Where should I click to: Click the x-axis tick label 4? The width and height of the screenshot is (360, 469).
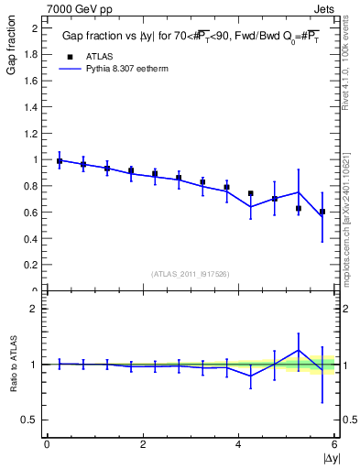pyautogui.click(x=239, y=444)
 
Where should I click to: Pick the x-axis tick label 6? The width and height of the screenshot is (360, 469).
pyautogui.click(x=335, y=444)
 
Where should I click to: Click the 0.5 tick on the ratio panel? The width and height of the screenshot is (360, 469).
pyautogui.click(x=32, y=420)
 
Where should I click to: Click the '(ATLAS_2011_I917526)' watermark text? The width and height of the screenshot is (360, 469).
pyautogui.click(x=191, y=273)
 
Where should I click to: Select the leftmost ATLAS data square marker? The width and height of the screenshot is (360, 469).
pyautogui.click(x=60, y=161)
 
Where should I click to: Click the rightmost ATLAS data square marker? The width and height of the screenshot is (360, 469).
pyautogui.click(x=322, y=212)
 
